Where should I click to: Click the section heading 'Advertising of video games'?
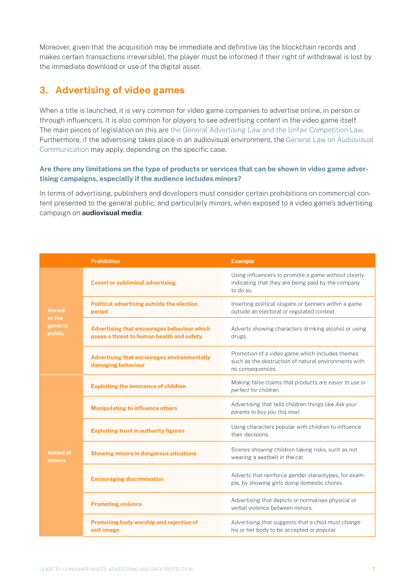tap(120, 90)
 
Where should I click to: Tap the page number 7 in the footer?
tap(374, 569)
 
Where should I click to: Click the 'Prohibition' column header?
tap(105, 261)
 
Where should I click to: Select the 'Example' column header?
tap(243, 261)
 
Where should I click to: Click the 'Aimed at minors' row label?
tap(59, 456)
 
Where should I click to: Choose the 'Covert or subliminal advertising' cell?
tap(133, 282)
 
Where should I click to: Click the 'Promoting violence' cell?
tap(116, 504)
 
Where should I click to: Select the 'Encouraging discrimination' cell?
tap(127, 479)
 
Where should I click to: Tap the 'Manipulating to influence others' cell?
tap(134, 408)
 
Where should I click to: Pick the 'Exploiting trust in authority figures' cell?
tap(137, 431)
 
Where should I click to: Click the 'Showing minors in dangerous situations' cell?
tap(143, 453)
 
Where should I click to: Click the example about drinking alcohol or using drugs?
tap(298, 332)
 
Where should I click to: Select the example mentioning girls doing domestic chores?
tap(294, 479)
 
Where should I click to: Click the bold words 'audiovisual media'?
tap(112, 213)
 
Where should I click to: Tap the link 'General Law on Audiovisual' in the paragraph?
tap(329, 140)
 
